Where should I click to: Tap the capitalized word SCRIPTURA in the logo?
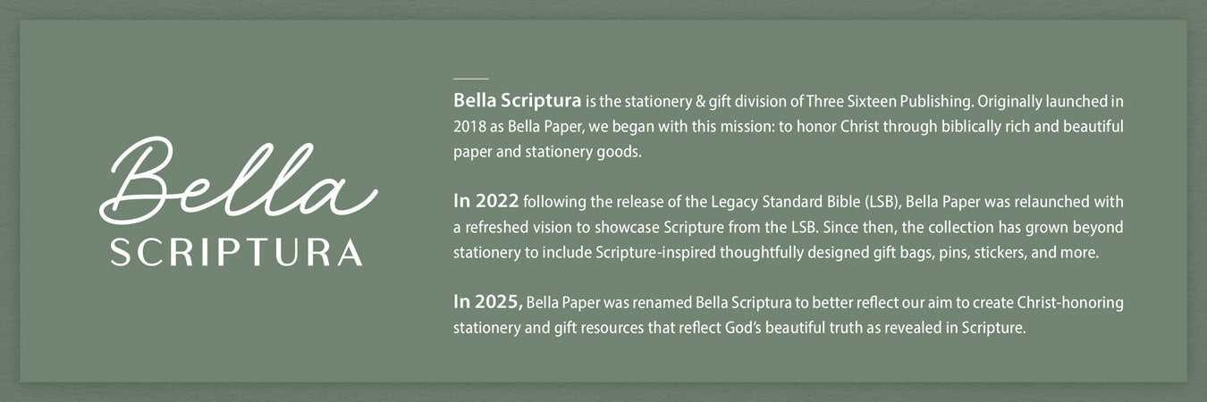click(236, 252)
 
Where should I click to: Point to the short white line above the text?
click(470, 80)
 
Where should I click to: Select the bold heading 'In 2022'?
click(485, 202)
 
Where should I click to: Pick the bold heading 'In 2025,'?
click(488, 302)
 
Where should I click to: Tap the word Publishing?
click(909, 100)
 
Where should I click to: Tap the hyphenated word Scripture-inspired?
click(654, 253)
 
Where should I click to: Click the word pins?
click(946, 253)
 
